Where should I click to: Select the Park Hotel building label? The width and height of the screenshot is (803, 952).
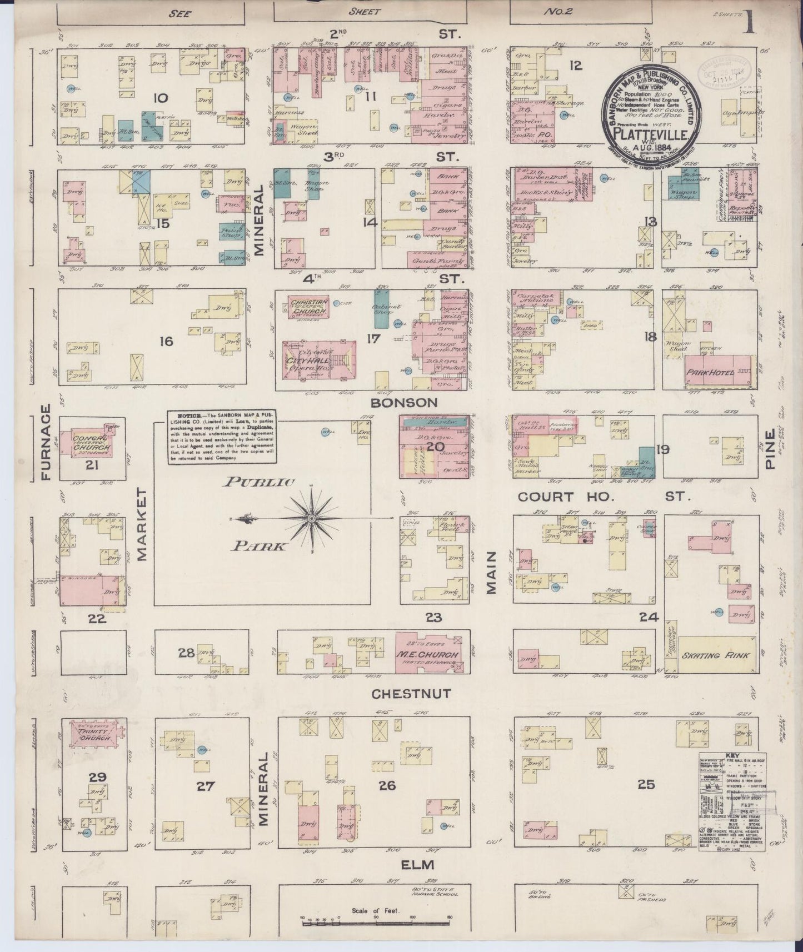click(711, 373)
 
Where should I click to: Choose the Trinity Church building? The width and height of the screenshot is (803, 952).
click(92, 734)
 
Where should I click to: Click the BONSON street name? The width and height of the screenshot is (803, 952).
click(412, 402)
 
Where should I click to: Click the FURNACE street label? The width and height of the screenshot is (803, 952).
click(45, 443)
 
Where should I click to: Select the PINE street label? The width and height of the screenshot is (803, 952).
click(770, 450)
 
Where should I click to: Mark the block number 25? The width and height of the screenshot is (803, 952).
click(646, 784)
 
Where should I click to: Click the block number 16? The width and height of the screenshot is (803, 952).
click(166, 341)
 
